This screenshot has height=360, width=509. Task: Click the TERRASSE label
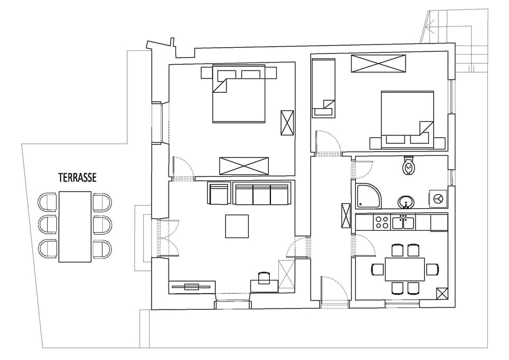77,178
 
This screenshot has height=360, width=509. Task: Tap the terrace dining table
75,226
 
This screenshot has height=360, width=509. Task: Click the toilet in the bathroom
409,166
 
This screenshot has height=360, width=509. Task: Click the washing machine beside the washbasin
438,198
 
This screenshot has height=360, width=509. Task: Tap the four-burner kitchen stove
382,222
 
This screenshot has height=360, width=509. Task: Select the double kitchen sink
403,222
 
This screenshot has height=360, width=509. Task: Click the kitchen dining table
405,269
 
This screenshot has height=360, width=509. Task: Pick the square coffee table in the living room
237,226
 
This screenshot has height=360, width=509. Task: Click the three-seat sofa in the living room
262,194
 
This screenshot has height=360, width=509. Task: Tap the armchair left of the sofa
219,194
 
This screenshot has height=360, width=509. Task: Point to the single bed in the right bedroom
323,87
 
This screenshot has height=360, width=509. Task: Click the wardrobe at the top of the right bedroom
378,64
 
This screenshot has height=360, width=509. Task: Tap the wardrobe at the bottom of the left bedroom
244,165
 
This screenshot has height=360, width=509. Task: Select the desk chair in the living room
264,277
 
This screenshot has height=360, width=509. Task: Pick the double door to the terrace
164,238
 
